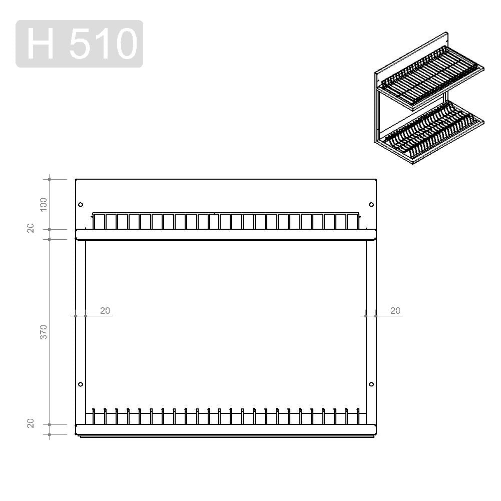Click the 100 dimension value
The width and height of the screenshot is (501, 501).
[44, 205]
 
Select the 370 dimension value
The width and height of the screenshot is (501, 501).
[44, 332]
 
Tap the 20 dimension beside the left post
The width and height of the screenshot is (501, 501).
[105, 311]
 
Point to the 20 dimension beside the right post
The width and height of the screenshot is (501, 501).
[395, 311]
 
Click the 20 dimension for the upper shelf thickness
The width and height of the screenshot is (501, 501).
[31, 228]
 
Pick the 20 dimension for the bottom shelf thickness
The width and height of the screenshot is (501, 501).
[31, 423]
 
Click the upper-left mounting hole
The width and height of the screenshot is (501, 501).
[81, 205]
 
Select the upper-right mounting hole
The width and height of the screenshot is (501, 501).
[371, 205]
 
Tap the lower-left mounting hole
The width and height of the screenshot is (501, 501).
[81, 384]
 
